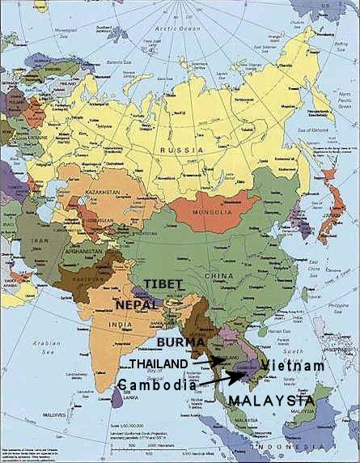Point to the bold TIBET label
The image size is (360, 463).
point(167,286)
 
